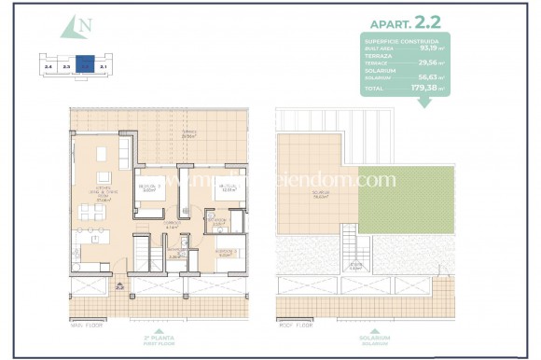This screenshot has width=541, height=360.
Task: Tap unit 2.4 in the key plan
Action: [x=48, y=66]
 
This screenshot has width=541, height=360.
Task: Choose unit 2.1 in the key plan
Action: [x=104, y=66]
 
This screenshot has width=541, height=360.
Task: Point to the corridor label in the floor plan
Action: [x=171, y=225]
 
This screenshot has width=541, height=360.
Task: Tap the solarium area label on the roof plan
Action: [x=323, y=195]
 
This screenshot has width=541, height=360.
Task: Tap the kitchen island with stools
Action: [x=94, y=244]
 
